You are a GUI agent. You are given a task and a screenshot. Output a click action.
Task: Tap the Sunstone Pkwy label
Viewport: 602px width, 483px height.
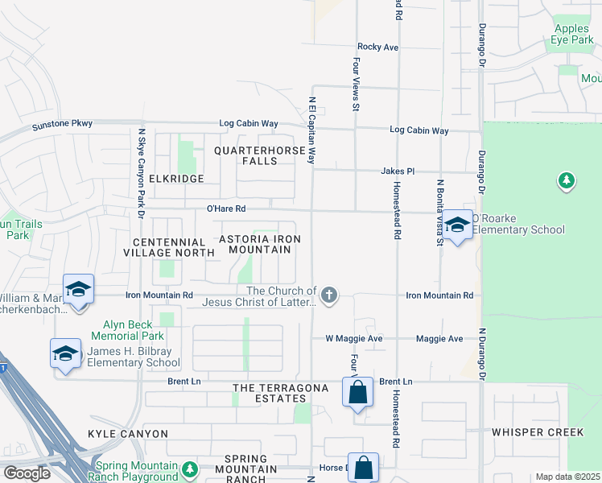62,125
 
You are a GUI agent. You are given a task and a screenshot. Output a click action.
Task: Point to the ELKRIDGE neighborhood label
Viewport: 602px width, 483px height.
171,179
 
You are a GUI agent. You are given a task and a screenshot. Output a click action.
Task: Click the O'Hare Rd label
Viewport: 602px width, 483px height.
225,208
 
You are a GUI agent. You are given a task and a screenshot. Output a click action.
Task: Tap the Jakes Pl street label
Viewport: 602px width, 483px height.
398,171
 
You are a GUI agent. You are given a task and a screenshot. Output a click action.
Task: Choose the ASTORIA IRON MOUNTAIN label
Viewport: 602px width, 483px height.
260,245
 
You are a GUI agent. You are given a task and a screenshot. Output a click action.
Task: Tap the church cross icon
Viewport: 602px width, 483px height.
328,295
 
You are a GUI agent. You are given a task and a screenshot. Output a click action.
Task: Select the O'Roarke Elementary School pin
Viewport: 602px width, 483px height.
458,225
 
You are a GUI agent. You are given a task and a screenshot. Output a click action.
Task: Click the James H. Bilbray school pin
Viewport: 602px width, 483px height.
65,353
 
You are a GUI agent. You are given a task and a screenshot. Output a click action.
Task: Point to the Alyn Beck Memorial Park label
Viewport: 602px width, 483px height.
133,330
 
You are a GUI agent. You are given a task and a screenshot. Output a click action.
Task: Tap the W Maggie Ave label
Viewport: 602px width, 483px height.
353,339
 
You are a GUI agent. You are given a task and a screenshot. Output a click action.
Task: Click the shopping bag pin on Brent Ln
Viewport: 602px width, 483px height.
358,393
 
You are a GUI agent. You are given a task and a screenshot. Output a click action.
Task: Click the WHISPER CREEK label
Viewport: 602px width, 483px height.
538,432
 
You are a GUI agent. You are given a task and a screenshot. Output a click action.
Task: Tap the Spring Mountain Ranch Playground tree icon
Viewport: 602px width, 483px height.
190,468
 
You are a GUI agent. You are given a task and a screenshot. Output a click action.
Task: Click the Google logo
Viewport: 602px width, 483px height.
27,473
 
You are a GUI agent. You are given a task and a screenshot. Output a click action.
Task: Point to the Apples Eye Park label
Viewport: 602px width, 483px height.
571,34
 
